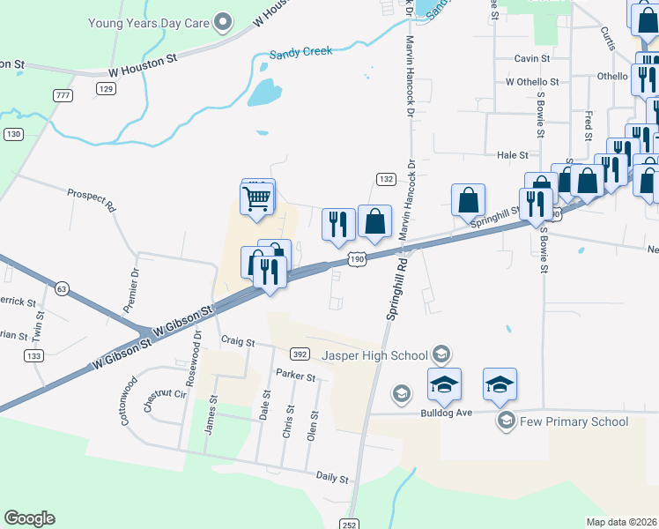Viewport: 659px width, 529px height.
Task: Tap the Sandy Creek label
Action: [x=301, y=52]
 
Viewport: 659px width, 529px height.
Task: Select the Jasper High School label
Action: [x=374, y=355]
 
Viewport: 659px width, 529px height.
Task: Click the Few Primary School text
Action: [x=574, y=421]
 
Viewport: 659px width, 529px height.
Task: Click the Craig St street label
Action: [x=238, y=340]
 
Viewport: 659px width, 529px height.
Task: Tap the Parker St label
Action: [x=295, y=376]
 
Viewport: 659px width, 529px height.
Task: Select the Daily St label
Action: [x=332, y=478]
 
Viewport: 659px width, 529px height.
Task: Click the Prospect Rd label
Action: [x=93, y=200]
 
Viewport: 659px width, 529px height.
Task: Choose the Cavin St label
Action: [x=532, y=58]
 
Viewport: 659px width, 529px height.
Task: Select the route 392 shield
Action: [x=300, y=354]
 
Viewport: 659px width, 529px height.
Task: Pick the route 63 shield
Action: [x=61, y=288]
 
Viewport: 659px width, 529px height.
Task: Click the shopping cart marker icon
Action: [x=256, y=198]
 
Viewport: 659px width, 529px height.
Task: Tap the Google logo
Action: [x=29, y=518]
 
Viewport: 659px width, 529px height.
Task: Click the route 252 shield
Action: [x=350, y=524]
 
